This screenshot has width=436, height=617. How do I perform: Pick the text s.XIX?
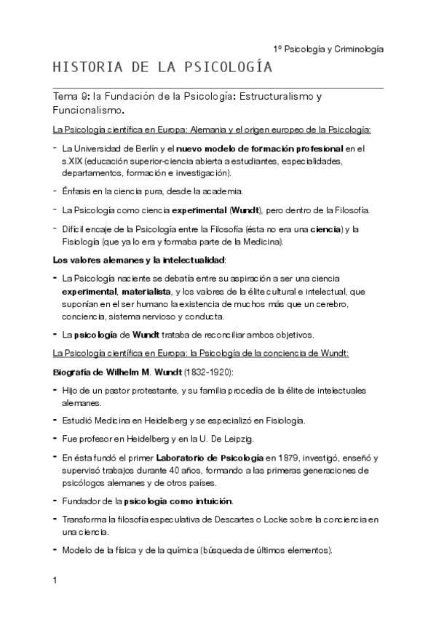72,162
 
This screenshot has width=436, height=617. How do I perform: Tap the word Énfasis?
79,191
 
